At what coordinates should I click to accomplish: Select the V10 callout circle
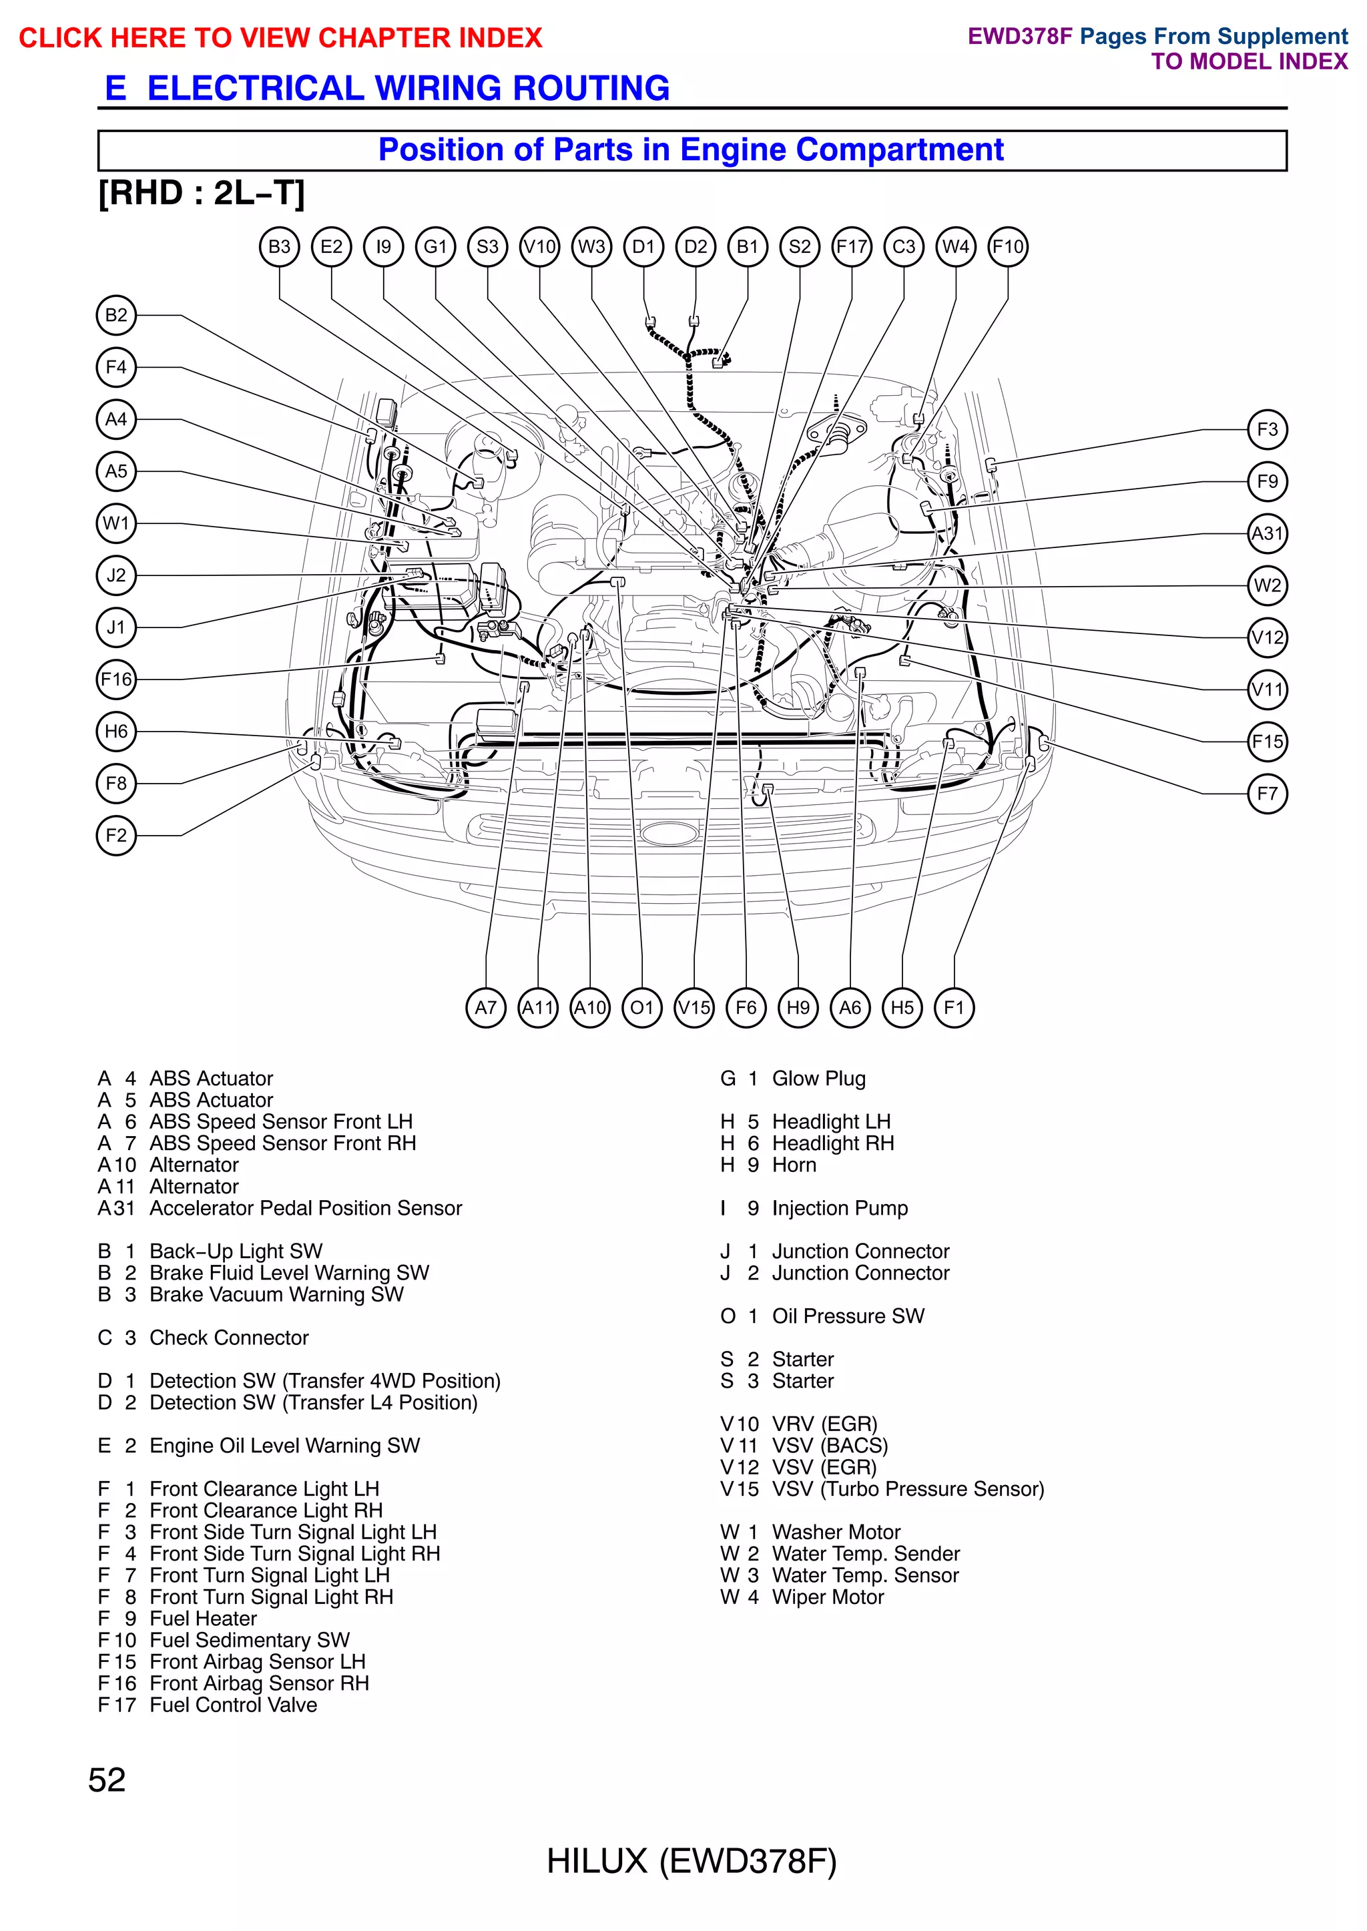539,247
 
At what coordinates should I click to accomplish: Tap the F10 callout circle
1008,247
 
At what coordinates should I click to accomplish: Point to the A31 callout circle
1267,534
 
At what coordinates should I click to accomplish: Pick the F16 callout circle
116,679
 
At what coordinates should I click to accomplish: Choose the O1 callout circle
642,1008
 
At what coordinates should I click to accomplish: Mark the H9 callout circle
798,1008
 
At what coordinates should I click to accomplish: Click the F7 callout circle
1267,794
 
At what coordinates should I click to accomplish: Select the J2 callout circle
116,576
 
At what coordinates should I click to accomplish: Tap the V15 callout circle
694,1008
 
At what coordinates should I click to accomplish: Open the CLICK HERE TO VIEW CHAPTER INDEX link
280,38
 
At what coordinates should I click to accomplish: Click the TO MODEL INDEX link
1249,61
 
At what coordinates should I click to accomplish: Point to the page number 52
107,1779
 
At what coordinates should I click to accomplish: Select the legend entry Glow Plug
818,1078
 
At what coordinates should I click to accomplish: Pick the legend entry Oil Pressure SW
848,1316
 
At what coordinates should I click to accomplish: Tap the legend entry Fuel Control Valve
233,1705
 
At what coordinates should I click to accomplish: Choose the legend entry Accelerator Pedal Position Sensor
306,1208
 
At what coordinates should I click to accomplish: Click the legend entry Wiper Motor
828,1597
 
